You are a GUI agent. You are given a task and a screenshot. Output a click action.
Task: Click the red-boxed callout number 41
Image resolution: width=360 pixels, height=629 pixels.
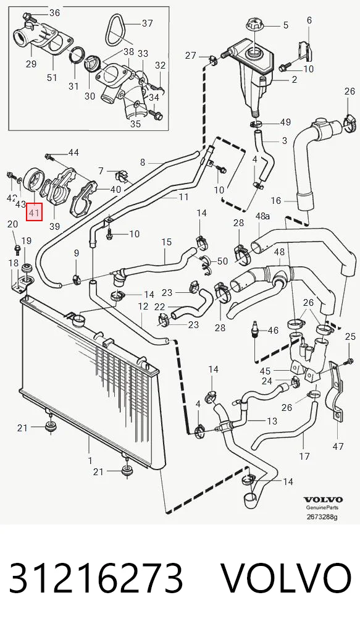tap(34, 212)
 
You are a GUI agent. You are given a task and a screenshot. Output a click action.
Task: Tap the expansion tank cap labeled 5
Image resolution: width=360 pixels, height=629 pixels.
tap(254, 24)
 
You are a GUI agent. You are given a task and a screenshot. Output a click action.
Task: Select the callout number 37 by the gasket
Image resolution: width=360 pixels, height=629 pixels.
tap(148, 23)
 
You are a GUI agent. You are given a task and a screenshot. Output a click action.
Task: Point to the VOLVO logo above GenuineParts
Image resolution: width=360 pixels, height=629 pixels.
tap(323, 500)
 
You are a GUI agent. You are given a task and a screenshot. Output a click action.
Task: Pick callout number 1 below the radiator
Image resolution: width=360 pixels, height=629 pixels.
tap(90, 460)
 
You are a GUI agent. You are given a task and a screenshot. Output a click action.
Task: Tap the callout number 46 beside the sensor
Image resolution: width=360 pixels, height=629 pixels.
tap(273, 331)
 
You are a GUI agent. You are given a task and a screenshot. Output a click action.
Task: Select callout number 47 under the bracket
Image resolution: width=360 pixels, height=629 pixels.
tap(338, 445)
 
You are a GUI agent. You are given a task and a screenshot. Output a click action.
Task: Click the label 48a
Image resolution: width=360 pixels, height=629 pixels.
tap(262, 216)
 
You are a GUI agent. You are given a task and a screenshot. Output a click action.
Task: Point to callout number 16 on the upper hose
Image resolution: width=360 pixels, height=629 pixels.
tap(276, 201)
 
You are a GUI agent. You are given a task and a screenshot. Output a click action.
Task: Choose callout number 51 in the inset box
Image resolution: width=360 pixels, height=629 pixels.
tap(52, 77)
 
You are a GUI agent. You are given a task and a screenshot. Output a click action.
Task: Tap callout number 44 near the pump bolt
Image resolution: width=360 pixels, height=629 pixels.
tap(73, 153)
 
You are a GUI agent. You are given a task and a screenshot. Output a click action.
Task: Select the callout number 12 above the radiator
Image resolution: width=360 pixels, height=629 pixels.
tap(143, 307)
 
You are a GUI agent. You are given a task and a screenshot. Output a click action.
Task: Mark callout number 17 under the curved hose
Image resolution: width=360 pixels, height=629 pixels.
tap(304, 456)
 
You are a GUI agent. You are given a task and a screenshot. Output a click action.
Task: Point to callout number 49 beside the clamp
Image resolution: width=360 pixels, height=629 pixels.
tap(286, 122)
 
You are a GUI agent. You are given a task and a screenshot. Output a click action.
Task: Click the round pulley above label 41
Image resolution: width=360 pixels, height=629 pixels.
tap(34, 180)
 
